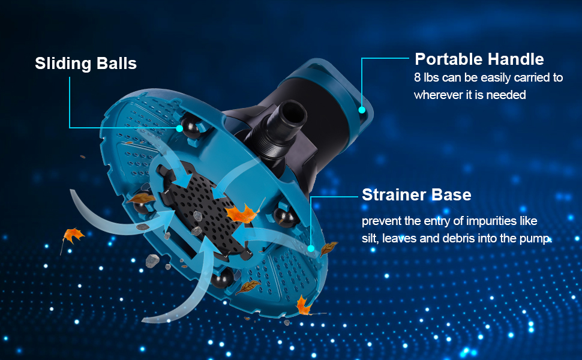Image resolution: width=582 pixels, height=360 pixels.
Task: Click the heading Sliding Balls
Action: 86,64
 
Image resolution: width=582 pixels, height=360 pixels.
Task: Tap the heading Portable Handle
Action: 479,59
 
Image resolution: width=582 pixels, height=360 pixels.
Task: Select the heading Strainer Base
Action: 416,195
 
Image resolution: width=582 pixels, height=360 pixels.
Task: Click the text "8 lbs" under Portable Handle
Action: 427,77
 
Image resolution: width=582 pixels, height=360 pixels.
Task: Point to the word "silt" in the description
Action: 370,238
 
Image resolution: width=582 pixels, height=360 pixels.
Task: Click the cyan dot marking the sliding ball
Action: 179,128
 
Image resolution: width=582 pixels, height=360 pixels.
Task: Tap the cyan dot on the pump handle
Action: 362,110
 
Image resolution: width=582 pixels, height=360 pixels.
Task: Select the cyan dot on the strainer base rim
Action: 311,248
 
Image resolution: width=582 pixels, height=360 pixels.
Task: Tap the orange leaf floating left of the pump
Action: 73,236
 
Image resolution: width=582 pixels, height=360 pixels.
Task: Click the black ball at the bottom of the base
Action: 222,278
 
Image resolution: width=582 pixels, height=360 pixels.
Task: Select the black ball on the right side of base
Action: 284,217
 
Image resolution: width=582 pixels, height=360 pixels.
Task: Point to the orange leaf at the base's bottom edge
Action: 303,305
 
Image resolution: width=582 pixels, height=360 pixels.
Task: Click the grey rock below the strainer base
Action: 152,261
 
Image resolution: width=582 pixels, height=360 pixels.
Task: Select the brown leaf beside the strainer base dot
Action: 328,248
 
